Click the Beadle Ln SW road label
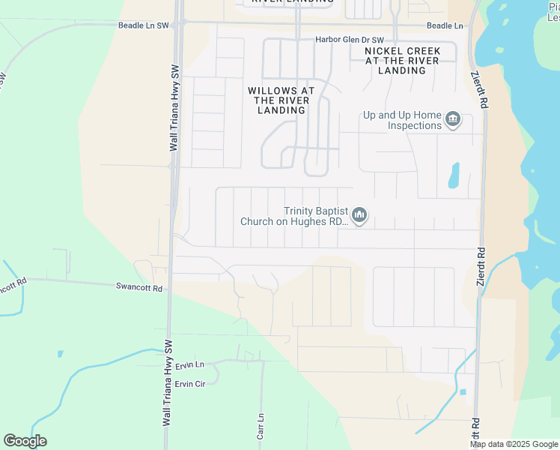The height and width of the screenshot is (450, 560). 144,25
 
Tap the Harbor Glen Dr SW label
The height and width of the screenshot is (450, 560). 349,40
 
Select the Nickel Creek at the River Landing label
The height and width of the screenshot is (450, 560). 402,61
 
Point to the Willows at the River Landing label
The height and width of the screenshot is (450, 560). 281,100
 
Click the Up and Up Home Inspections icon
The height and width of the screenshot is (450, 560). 452,119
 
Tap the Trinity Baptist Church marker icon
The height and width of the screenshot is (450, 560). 359,216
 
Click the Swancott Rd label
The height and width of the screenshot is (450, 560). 139,286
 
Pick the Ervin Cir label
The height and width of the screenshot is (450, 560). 189,383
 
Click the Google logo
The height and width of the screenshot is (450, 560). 25,441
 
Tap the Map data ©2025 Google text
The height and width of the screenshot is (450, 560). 514,444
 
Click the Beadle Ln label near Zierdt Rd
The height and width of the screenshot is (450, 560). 445,25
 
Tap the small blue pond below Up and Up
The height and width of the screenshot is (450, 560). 454,175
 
